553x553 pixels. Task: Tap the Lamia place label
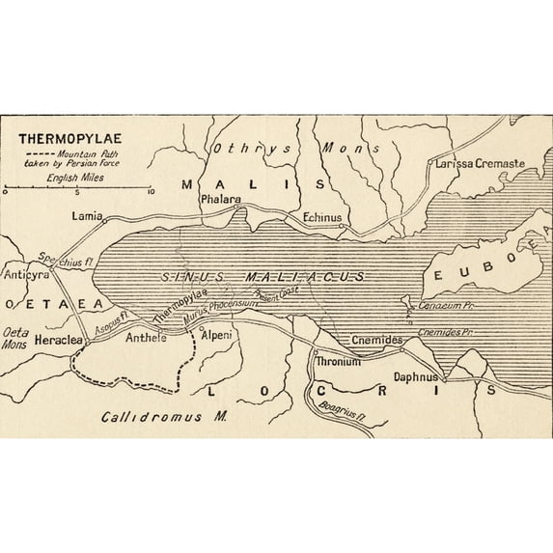87,217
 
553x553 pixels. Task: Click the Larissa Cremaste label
480,164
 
